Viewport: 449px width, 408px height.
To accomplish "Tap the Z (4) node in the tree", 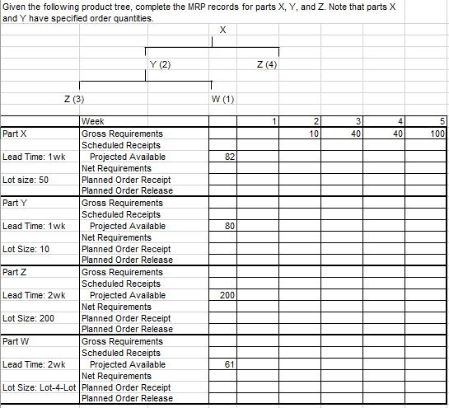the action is (x=266, y=64).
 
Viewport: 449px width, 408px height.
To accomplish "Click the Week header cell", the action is (x=93, y=121).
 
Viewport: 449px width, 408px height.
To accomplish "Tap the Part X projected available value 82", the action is (x=230, y=156).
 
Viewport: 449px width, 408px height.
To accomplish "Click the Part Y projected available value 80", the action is (x=230, y=225).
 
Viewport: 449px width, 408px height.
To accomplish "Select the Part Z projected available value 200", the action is (x=227, y=294).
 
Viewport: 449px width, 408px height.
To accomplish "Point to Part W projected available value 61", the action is (x=230, y=363).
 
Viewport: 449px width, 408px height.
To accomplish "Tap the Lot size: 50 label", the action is (x=26, y=179).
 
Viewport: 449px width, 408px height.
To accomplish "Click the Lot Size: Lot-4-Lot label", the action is (x=40, y=387).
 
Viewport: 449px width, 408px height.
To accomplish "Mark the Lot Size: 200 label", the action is (x=28, y=317).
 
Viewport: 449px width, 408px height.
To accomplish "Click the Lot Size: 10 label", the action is (x=26, y=248).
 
